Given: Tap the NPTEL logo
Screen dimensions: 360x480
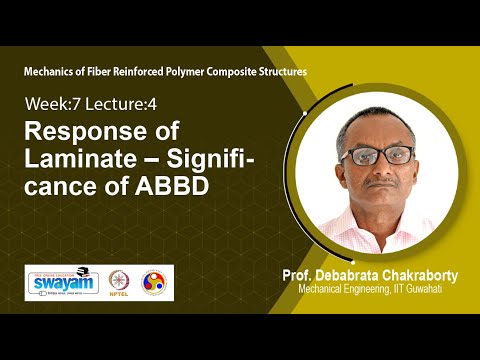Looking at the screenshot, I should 125,283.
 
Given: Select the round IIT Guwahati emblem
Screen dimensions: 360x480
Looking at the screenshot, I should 155,283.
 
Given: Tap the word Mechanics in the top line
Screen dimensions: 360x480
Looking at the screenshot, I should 56,73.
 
